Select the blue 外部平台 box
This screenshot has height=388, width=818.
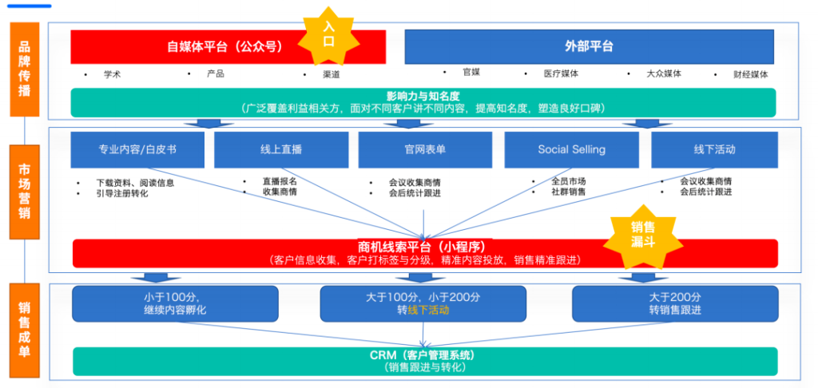[x=589, y=46]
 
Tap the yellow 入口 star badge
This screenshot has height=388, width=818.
[x=328, y=34]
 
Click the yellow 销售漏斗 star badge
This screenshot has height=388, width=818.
[x=643, y=232]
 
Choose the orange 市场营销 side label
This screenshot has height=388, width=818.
[x=24, y=182]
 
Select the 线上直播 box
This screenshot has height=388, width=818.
[x=281, y=149]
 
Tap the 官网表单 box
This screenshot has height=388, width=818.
[x=424, y=149]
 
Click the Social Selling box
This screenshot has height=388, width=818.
[x=571, y=149]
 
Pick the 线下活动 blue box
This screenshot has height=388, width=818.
[x=714, y=149]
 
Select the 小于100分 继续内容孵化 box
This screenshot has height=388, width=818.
[x=175, y=303]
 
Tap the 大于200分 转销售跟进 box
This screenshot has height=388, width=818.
[x=675, y=303]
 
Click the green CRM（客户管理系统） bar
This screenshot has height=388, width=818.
[x=424, y=361]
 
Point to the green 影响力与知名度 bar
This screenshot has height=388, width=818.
[x=424, y=101]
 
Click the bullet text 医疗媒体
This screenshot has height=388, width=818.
[x=561, y=73]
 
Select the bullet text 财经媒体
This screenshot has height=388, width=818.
[x=750, y=74]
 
